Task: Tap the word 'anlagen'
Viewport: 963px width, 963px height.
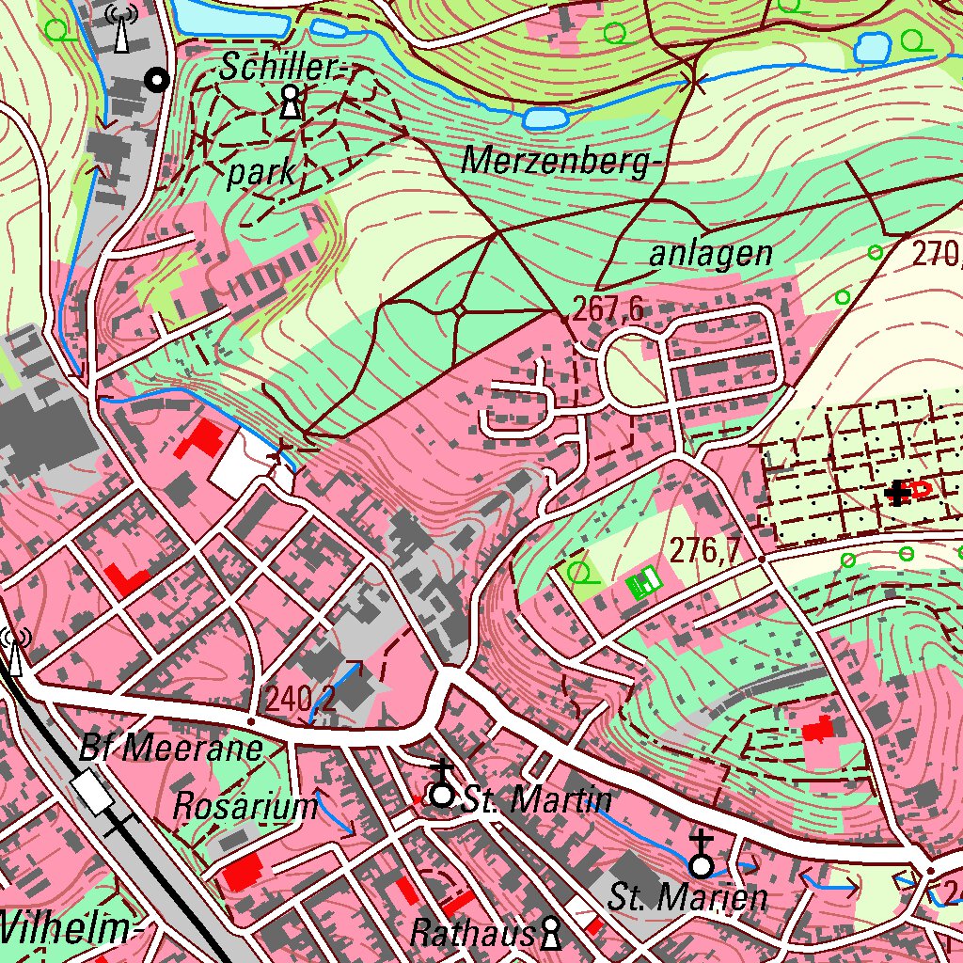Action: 711,253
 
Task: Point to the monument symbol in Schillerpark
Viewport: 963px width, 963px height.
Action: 292,101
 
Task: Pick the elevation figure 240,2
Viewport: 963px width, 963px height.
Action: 301,699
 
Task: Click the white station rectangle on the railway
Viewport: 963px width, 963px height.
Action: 93,792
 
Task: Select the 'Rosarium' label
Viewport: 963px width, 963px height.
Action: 246,806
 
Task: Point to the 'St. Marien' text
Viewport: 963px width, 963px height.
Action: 687,897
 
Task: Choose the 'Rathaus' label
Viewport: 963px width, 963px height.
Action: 472,933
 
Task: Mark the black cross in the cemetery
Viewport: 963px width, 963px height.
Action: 899,492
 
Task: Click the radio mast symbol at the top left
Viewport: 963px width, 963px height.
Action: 119,28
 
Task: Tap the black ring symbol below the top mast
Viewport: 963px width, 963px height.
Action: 157,81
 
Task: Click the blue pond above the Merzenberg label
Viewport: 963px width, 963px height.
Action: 545,118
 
